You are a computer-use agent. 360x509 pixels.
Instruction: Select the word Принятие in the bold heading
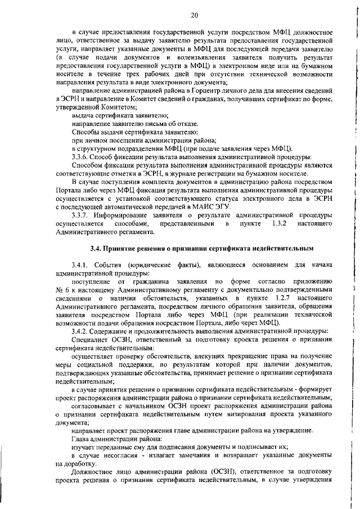tap(121, 249)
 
